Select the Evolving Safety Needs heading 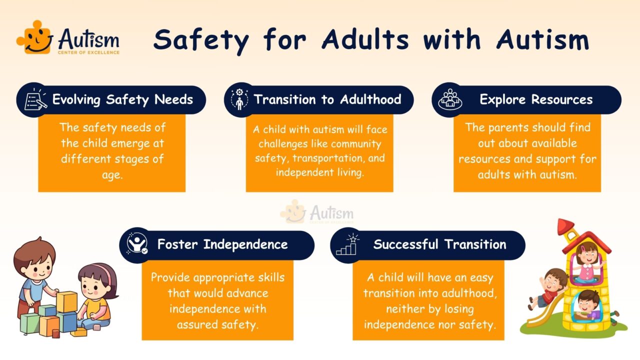tap(122, 99)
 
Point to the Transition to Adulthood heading tap(327, 99)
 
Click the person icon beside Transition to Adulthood tap(239, 99)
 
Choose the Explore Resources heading tap(536, 99)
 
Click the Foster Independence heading tap(222, 244)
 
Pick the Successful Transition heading tap(439, 244)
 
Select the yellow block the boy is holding tap(66, 301)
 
